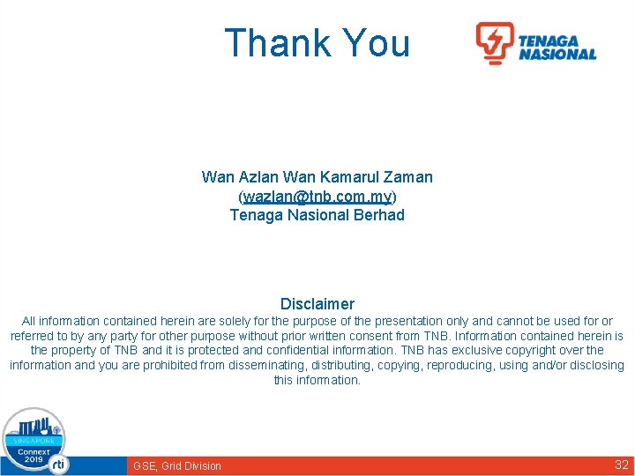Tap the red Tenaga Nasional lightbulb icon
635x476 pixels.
(495, 42)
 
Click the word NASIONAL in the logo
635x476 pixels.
(557, 54)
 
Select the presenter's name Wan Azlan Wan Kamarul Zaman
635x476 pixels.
(317, 177)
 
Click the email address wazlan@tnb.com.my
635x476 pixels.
(317, 196)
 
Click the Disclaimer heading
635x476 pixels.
(317, 304)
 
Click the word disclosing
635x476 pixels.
(595, 365)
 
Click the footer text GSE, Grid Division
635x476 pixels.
(177, 465)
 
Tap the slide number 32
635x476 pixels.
(621, 465)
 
